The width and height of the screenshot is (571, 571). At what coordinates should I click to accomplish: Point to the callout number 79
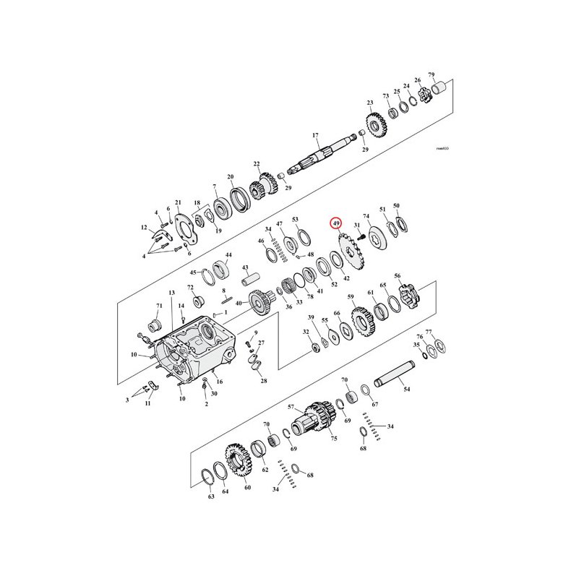click(x=432, y=75)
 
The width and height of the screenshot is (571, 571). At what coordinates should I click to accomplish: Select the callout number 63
click(x=211, y=497)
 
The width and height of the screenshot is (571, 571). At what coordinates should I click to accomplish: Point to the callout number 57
click(x=292, y=407)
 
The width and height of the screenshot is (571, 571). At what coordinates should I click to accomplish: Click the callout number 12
click(x=144, y=228)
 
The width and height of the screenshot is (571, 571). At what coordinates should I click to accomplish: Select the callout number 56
click(x=397, y=276)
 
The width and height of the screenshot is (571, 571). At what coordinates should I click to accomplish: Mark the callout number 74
click(x=366, y=216)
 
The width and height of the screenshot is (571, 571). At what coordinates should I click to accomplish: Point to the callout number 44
click(x=228, y=255)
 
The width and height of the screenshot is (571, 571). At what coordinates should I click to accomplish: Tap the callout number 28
click(x=263, y=380)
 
